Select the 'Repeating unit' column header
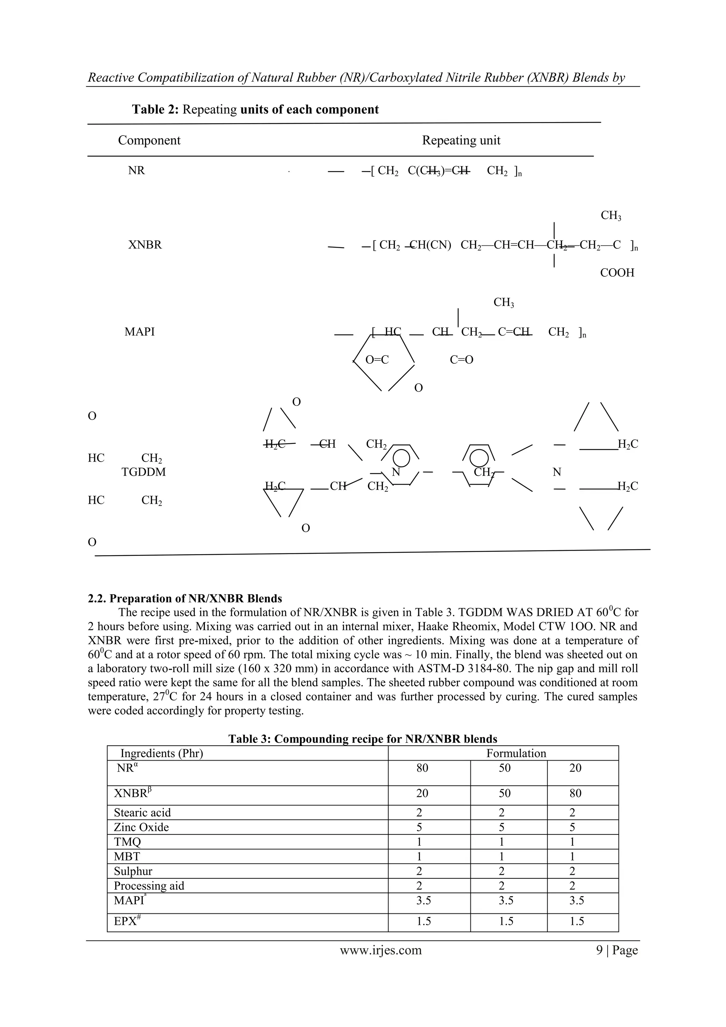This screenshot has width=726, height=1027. point(461,140)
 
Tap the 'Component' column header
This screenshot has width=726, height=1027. point(149,140)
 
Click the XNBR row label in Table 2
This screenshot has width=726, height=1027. point(145,245)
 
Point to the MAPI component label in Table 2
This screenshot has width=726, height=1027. point(139,332)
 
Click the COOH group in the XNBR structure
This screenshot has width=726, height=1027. point(617,273)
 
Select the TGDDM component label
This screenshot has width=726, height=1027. point(144,472)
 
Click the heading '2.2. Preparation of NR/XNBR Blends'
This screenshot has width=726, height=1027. point(185,598)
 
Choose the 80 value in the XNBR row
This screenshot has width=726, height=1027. point(575,793)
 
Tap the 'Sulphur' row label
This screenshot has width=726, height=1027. point(133,871)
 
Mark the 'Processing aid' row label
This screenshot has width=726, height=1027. point(149,886)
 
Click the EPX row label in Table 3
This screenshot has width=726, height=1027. point(125,921)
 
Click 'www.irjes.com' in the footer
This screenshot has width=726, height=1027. point(380,950)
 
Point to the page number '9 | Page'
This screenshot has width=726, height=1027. point(616,950)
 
